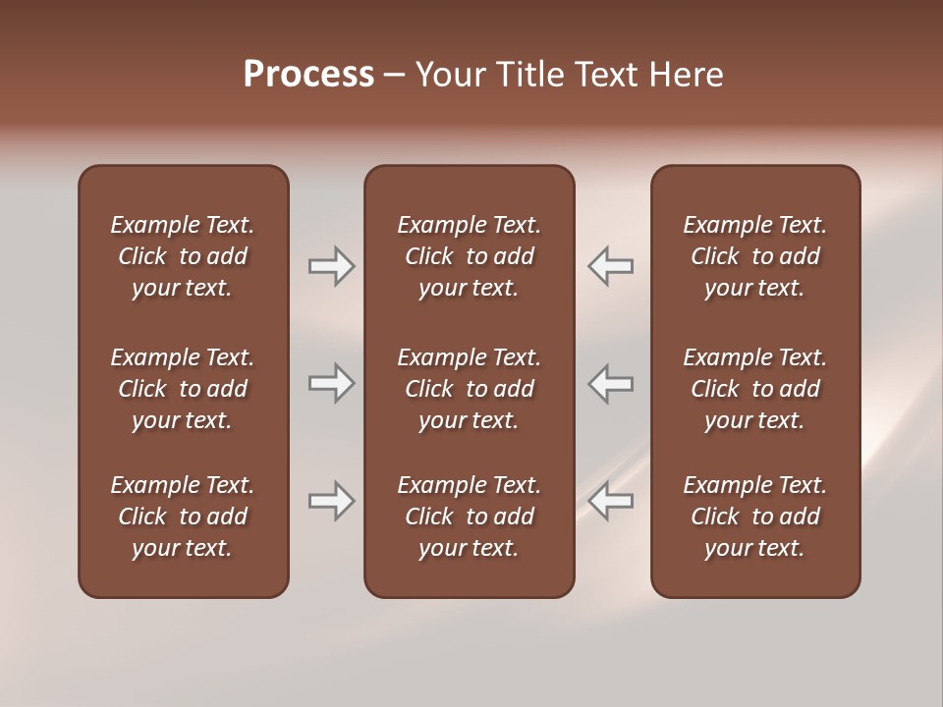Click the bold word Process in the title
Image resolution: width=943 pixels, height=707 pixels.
[x=308, y=75]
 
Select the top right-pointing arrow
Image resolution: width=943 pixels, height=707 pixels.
[x=331, y=265]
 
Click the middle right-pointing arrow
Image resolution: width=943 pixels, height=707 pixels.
[x=331, y=383]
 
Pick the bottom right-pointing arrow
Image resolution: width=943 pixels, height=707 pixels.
[x=331, y=501]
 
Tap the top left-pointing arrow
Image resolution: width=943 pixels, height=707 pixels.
[x=610, y=265]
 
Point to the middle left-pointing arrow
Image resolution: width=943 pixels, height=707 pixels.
[x=610, y=383]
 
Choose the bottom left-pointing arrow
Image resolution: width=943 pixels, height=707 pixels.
[x=610, y=501]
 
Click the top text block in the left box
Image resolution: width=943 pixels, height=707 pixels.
[x=183, y=256]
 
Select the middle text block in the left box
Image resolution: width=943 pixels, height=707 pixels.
[x=183, y=389]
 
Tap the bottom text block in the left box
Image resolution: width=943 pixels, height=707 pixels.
[x=183, y=517]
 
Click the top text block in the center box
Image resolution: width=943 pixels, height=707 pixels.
[x=469, y=256]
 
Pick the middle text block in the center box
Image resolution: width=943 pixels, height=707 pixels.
[x=469, y=389]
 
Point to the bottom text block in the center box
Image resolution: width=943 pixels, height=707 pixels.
[x=469, y=517]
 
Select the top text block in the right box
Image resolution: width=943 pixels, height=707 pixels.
[x=754, y=256]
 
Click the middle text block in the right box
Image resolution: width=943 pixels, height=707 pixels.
[x=754, y=389]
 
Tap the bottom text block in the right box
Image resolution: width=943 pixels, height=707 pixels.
[x=754, y=517]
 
